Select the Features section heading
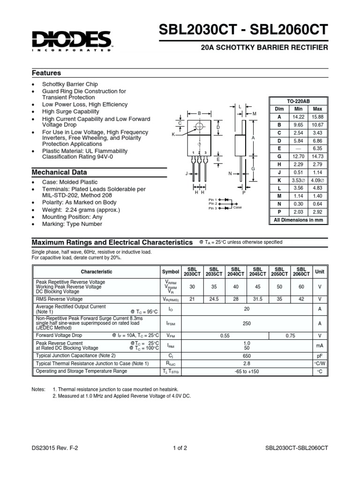tap(46, 73)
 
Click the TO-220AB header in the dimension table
tap(298, 101)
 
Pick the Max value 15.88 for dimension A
tap(317, 117)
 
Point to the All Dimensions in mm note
tap(298, 220)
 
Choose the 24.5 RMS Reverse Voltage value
tap(214, 299)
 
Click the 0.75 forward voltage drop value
tap(291, 336)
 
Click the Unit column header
tap(319, 271)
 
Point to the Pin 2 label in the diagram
tap(213, 204)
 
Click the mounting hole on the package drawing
tap(199, 127)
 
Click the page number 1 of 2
tap(180, 448)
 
